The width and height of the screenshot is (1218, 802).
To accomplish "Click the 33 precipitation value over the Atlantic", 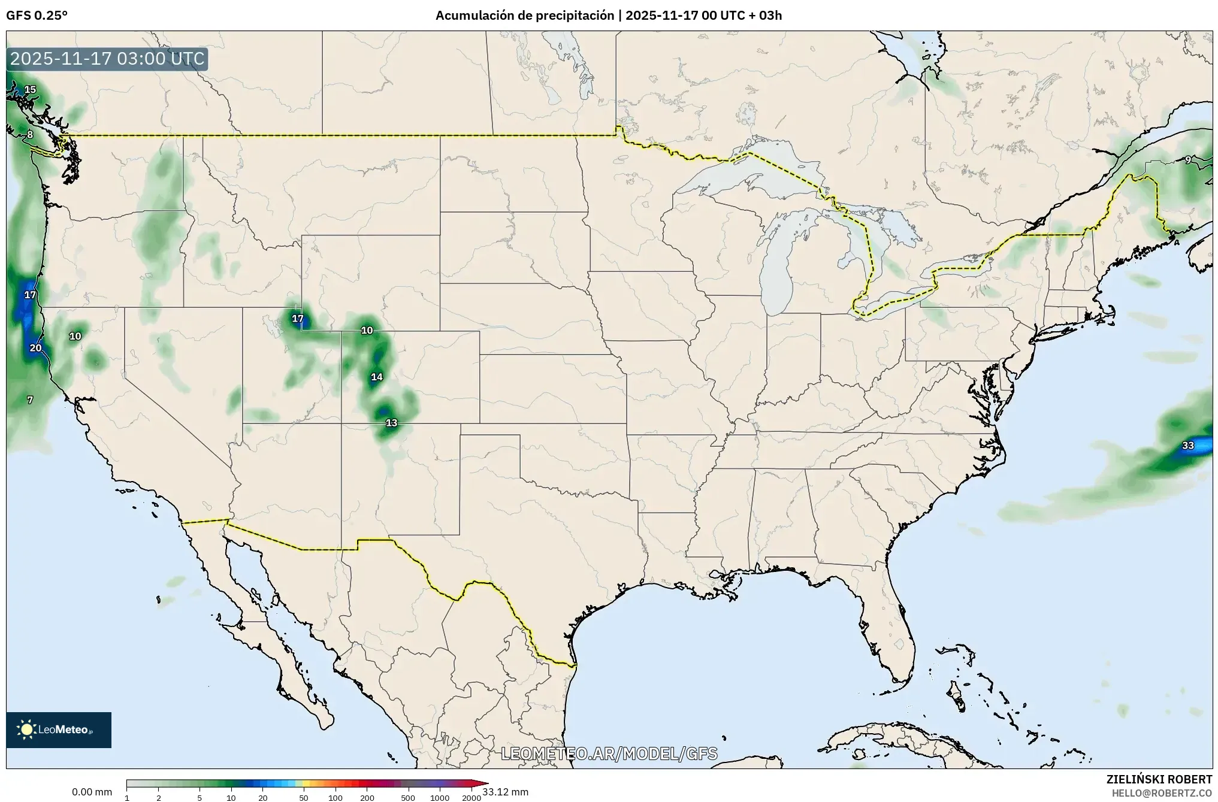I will (1188, 446).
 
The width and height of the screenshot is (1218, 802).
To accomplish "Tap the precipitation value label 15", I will (30, 90).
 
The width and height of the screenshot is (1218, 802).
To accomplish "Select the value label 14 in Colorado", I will (376, 377).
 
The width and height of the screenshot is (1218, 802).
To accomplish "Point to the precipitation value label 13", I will (391, 423).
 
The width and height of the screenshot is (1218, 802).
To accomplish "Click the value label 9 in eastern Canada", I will (1187, 160).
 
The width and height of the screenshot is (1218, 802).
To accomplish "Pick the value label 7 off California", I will (30, 400).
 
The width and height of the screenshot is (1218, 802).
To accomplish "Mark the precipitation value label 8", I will (30, 135).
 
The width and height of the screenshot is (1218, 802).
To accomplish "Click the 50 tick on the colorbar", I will (304, 798).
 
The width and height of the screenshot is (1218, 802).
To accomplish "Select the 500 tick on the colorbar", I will (408, 798).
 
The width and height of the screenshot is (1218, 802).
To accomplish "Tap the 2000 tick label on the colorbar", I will (472, 798).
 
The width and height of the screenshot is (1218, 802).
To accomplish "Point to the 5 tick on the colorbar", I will (200, 798).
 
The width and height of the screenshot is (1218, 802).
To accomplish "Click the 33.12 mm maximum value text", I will (505, 792).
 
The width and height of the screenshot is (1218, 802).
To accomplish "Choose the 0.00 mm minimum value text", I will (92, 792).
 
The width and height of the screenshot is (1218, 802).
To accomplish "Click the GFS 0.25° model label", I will (37, 16).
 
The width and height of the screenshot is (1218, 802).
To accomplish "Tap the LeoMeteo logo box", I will (59, 730).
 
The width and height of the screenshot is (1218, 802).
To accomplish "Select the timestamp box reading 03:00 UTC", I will (107, 59).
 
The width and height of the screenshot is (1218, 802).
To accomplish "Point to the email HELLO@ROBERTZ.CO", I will (1162, 792).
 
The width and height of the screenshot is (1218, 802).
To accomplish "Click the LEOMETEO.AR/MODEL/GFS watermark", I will (609, 753).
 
